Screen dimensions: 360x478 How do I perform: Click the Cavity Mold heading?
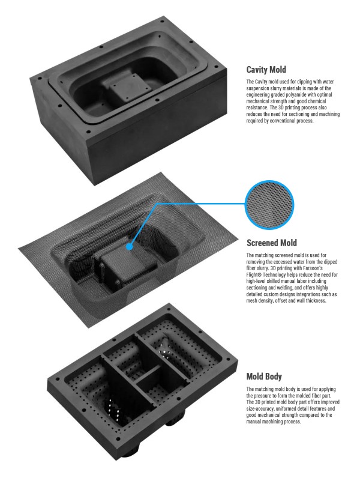click(x=266, y=70)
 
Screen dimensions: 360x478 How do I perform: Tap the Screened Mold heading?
click(x=272, y=243)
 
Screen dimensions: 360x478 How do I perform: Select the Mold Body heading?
click(x=264, y=377)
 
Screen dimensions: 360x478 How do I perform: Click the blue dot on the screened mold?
click(x=130, y=247)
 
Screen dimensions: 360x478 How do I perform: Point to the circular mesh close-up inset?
click(x=269, y=205)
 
